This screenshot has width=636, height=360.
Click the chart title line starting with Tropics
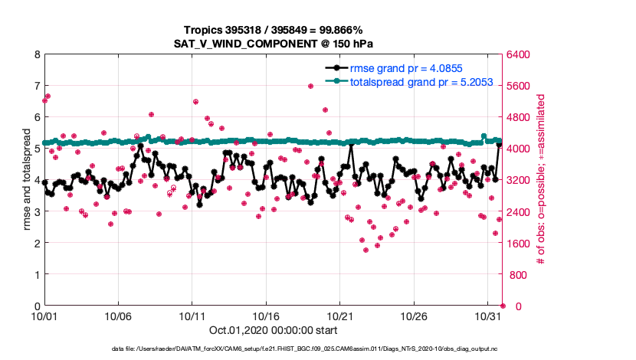[x=272, y=30]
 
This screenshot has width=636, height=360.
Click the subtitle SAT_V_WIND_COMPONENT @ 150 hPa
[x=272, y=43]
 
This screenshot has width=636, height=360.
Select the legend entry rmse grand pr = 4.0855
[x=405, y=68]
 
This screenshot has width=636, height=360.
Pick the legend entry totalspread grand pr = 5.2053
[x=418, y=81]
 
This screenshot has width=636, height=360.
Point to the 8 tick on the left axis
[x=36, y=55]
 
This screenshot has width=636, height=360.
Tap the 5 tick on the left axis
[x=36, y=149]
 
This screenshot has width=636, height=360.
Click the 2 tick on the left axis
[x=36, y=243]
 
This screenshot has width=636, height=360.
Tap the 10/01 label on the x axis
[x=44, y=316]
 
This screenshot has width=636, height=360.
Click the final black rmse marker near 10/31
[x=500, y=145]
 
